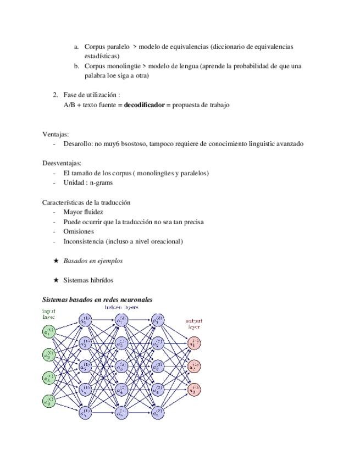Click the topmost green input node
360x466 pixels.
(x=49, y=332)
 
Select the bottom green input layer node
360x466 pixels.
(x=49, y=401)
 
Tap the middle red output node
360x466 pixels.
(x=194, y=367)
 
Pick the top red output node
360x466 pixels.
(x=194, y=343)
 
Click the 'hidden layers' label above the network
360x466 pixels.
(x=121, y=307)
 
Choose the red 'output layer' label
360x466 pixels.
(x=193, y=324)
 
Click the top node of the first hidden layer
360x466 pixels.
(x=85, y=320)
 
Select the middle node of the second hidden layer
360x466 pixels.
(x=121, y=367)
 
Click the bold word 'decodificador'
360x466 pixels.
(x=145, y=105)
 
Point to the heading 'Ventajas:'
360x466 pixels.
(x=56, y=134)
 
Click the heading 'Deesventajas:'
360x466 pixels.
(x=62, y=163)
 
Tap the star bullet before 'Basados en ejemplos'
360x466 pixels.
(x=56, y=261)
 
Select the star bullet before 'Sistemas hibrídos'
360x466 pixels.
(x=56, y=280)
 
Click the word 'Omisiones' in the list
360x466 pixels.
(x=79, y=231)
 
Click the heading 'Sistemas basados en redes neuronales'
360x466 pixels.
(x=97, y=299)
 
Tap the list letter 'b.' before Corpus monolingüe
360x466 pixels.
(x=76, y=66)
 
